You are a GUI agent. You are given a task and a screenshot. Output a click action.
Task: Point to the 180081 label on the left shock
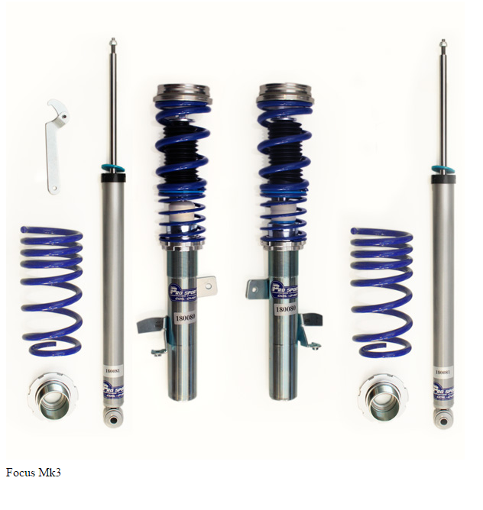tap(112, 370)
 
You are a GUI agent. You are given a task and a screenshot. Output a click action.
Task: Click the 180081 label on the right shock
tap(442, 372)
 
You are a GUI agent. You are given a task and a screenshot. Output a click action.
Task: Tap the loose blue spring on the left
tap(51, 290)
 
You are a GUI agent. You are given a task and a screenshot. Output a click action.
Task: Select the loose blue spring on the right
tap(381, 291)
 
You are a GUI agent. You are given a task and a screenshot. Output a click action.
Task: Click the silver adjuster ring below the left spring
tap(52, 396)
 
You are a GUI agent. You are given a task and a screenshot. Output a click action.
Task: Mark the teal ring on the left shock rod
tap(113, 169)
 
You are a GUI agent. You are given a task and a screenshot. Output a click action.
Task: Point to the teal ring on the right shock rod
tap(441, 169)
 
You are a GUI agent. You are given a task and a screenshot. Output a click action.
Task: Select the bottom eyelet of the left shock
tap(113, 420)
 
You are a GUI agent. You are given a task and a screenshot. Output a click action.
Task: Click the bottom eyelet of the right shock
tap(442, 421)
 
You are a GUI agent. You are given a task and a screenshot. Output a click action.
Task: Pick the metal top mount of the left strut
tap(182, 94)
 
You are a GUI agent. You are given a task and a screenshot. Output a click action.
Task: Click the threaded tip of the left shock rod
tap(112, 43)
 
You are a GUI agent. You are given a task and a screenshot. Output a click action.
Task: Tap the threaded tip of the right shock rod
tap(442, 45)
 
